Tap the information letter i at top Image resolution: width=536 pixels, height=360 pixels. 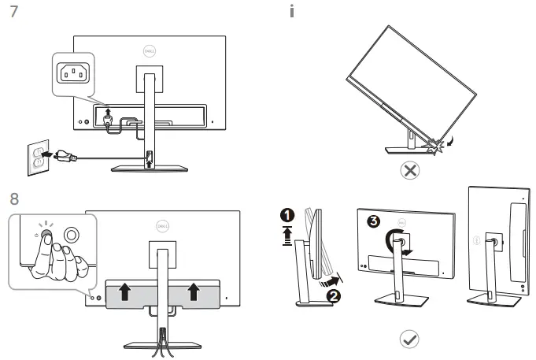(293, 13)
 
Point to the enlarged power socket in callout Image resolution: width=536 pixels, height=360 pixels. (74, 73)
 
